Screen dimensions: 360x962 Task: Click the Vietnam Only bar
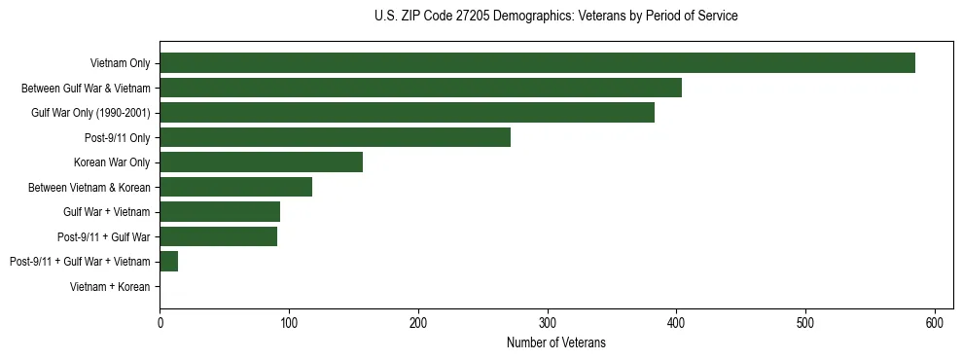coord(537,63)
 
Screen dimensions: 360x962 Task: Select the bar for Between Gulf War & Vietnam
coord(420,88)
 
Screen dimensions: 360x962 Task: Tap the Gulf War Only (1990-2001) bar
coord(407,113)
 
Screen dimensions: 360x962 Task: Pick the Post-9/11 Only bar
coord(335,137)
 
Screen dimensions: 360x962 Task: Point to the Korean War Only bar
coord(261,162)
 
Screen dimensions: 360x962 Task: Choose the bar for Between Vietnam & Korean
coord(235,187)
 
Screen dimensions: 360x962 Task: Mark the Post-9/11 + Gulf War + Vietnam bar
coord(168,261)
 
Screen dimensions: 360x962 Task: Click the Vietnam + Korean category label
coord(110,286)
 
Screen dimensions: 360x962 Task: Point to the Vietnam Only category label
coord(120,63)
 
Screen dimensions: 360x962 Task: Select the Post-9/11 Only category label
coord(118,137)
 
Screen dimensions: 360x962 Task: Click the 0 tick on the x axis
coord(160,322)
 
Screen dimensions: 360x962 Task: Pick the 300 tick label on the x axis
coord(548,322)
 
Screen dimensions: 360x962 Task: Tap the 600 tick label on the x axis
coord(935,322)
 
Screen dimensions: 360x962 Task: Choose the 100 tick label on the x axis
coord(289,322)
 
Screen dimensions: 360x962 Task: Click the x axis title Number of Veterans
coord(555,342)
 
